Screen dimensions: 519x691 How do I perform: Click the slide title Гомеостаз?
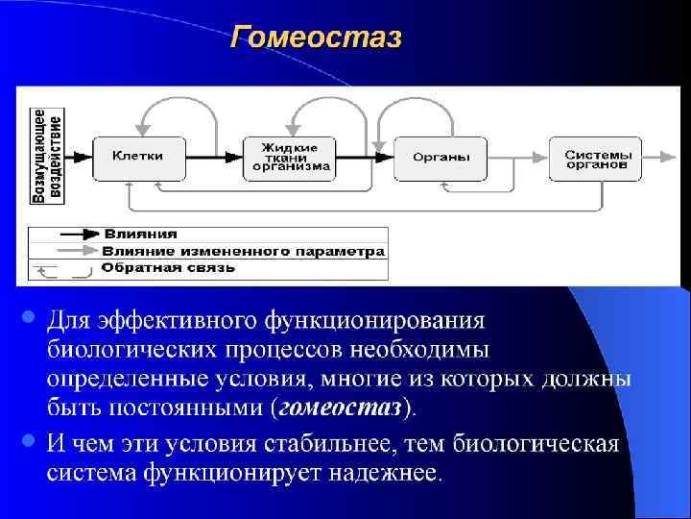point(316,38)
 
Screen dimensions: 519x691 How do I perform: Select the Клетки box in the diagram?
point(137,156)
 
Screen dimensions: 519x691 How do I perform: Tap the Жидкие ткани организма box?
point(291,156)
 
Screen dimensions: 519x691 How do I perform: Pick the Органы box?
point(441,157)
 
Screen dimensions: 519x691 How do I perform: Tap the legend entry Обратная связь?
point(167,268)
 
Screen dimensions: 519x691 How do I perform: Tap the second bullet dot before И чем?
point(29,441)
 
